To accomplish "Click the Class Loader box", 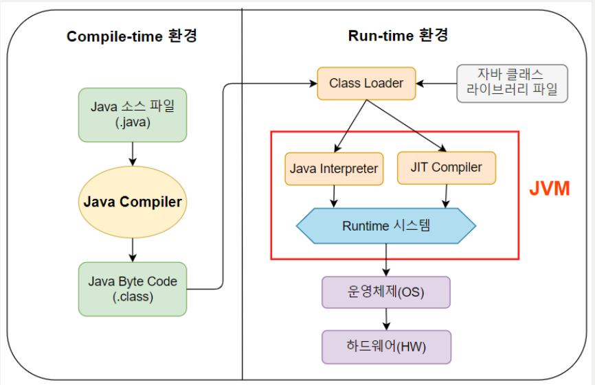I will (366, 84).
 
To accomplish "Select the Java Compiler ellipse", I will (133, 202).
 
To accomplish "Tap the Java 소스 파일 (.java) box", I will (133, 115).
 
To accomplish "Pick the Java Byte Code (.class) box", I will (133, 289).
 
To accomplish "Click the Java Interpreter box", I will (334, 168).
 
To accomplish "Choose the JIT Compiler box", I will (446, 167).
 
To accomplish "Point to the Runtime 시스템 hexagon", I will (385, 225).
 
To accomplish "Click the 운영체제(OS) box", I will (385, 292).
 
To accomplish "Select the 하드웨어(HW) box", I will (385, 347).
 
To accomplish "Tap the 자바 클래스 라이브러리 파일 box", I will (513, 83).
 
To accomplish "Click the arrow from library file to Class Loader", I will (436, 84).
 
